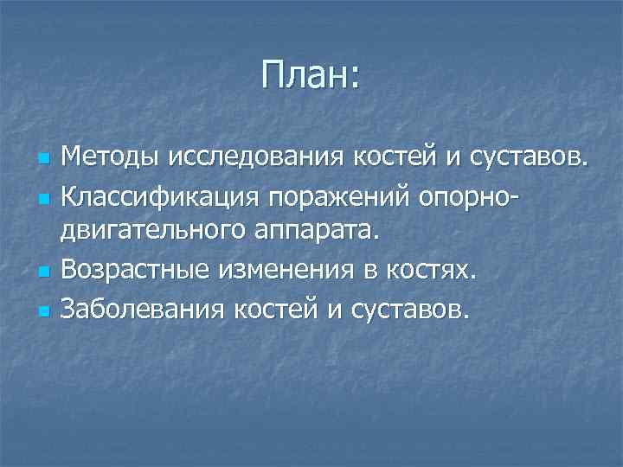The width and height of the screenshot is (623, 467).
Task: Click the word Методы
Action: click(107, 159)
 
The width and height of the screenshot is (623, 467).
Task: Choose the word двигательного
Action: click(158, 233)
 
